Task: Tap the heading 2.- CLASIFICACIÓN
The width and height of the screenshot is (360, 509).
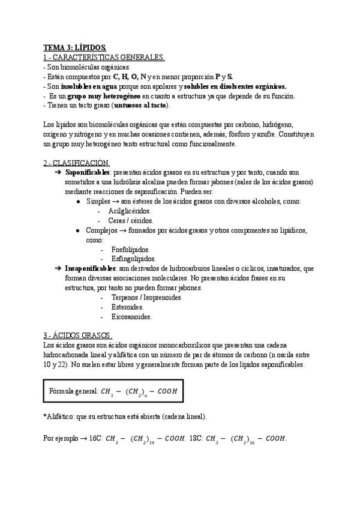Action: (76, 163)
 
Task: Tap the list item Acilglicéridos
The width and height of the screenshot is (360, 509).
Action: (130, 211)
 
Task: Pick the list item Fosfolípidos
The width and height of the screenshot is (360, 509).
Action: (131, 249)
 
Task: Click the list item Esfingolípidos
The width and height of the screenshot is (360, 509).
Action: (133, 259)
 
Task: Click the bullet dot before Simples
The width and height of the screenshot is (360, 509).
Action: (79, 202)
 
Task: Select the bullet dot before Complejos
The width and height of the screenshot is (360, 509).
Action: (79, 230)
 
